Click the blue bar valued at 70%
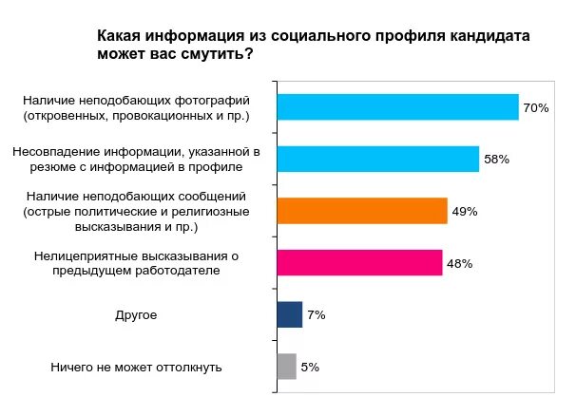(397, 107)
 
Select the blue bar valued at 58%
(377, 159)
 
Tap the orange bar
(361, 211)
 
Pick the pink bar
(359, 262)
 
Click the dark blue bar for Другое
(289, 314)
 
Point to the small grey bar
(286, 367)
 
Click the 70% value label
(536, 108)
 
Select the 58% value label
(496, 160)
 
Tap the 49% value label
(464, 211)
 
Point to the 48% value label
(460, 263)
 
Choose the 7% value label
(316, 314)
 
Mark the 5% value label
(310, 367)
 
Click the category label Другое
(137, 314)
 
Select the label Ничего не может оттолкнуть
(137, 367)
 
